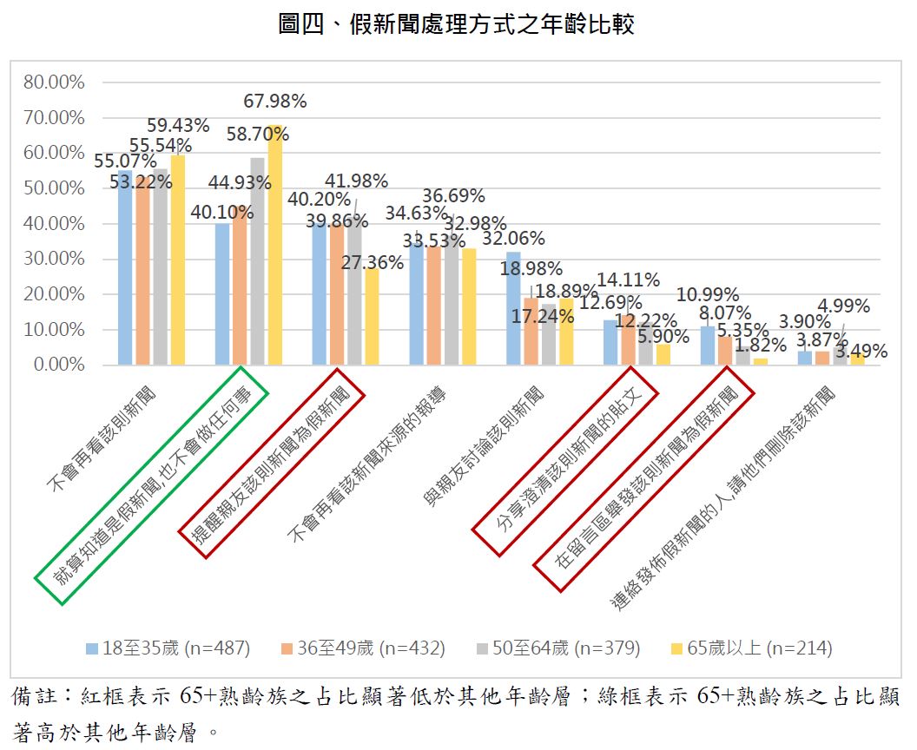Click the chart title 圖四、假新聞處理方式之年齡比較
pos(457,23)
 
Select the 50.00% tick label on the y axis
pos(54,188)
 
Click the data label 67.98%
pos(275,102)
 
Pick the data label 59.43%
pos(178,126)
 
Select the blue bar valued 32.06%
pos(513,308)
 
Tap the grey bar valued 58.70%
pos(257,260)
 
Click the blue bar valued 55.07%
pos(126,268)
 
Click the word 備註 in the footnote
pos(36,697)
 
